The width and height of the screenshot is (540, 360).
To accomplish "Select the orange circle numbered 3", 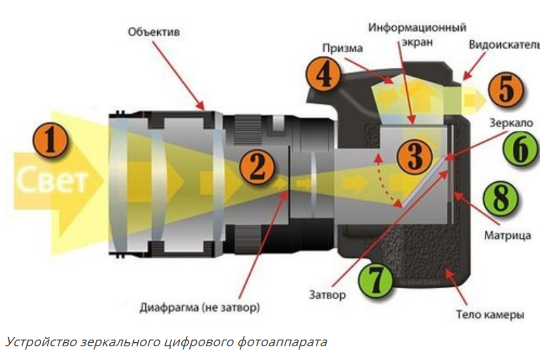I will tap(414, 156).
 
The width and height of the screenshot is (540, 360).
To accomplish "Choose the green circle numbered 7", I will tap(375, 279).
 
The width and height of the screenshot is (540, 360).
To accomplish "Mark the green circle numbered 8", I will tap(501, 199).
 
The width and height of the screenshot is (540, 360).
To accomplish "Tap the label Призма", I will tap(343, 48).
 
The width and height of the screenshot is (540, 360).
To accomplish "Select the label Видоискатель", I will tap(504, 45).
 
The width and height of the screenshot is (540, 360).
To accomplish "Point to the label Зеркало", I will tap(511, 123).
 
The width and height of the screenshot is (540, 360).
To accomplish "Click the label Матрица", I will tap(507, 235).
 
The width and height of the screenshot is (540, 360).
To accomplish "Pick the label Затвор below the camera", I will tap(327, 295).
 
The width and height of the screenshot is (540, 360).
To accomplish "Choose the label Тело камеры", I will tap(490, 314).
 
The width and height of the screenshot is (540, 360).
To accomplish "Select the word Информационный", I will tap(417, 28).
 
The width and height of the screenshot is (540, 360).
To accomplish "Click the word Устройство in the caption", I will tap(40, 341).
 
